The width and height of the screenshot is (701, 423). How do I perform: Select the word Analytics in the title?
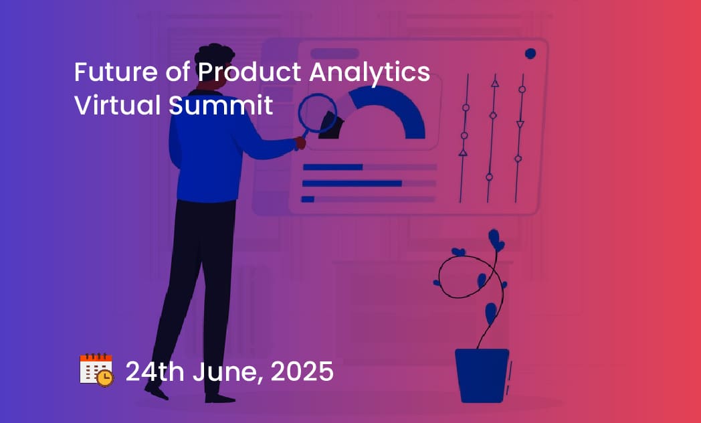coord(369,72)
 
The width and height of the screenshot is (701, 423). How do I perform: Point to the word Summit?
coord(221,105)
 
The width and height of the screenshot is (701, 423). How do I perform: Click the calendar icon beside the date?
coord(96,369)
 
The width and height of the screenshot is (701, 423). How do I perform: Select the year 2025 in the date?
coord(302,371)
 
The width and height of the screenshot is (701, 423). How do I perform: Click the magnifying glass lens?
coord(318,113)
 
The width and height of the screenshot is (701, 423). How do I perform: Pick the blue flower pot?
coord(482,375)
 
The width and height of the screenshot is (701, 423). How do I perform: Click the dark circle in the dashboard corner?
coord(530,54)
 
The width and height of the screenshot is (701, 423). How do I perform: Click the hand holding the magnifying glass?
coord(300,143)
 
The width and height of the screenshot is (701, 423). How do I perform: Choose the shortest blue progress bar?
coord(308,199)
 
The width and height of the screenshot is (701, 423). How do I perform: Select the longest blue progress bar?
coord(352,183)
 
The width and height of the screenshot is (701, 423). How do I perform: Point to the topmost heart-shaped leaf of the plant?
coord(496,240)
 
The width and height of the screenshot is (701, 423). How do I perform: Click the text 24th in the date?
coord(155,371)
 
